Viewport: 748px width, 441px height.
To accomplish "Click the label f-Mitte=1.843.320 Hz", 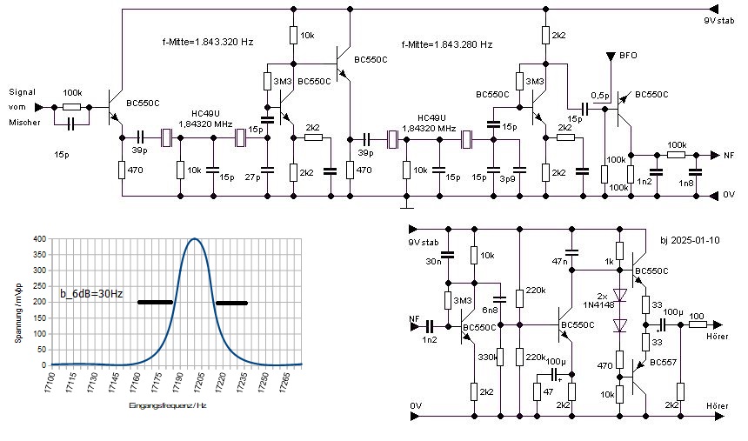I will click(207, 42).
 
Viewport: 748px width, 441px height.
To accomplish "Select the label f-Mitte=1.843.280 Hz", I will click(447, 43).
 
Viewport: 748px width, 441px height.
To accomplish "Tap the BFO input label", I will click(628, 55).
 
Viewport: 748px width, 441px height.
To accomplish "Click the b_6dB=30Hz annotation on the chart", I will click(91, 294).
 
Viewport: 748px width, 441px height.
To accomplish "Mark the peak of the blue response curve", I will click(195, 239).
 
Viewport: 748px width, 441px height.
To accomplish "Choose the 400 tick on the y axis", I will click(38, 239).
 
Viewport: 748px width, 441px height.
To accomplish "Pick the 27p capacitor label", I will click(252, 177).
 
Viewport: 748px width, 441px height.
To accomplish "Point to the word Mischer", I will click(24, 123).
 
